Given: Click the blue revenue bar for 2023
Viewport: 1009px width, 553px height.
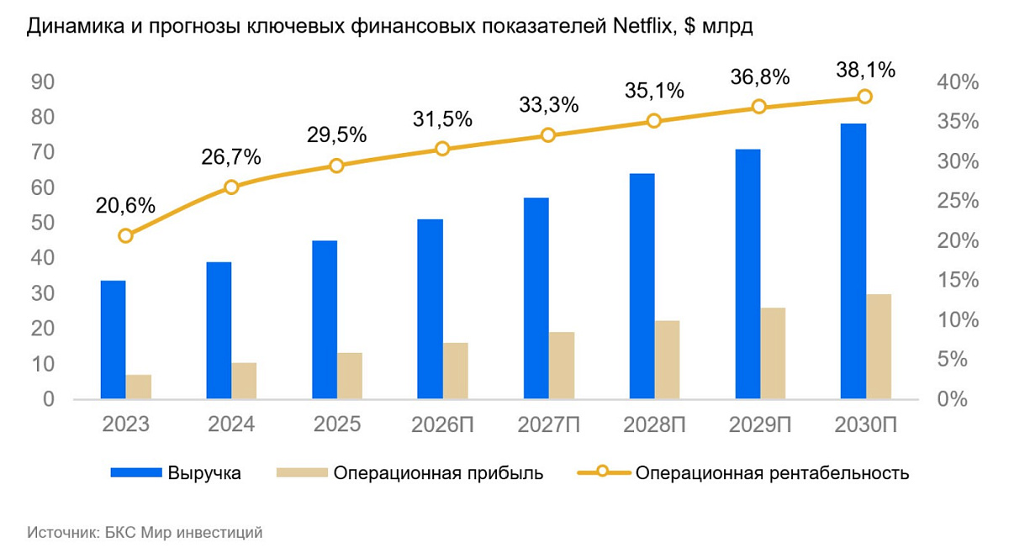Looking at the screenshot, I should (x=113, y=340).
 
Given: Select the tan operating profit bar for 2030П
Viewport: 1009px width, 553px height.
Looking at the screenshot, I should (x=879, y=346).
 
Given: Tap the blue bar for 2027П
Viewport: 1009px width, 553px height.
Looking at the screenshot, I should (x=536, y=298).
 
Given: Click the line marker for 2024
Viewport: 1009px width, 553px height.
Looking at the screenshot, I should (x=231, y=187).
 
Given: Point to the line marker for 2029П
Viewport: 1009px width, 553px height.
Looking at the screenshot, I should (x=759, y=107).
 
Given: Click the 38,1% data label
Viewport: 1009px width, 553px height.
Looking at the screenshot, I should (x=865, y=70).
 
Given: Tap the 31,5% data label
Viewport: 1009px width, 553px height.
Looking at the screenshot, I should (x=442, y=119).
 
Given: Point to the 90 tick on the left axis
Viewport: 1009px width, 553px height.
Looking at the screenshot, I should (x=43, y=82).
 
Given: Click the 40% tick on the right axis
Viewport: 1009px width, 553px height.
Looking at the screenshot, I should (x=956, y=82).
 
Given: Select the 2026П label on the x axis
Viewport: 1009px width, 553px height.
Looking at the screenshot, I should (x=442, y=424).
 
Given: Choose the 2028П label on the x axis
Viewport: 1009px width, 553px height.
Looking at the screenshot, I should (x=654, y=424).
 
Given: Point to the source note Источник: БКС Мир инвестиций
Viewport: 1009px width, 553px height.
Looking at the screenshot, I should (x=145, y=532).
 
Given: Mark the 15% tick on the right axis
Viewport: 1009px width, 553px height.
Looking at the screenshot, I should (x=956, y=280).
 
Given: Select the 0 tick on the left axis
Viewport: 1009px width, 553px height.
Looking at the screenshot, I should (x=49, y=399).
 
